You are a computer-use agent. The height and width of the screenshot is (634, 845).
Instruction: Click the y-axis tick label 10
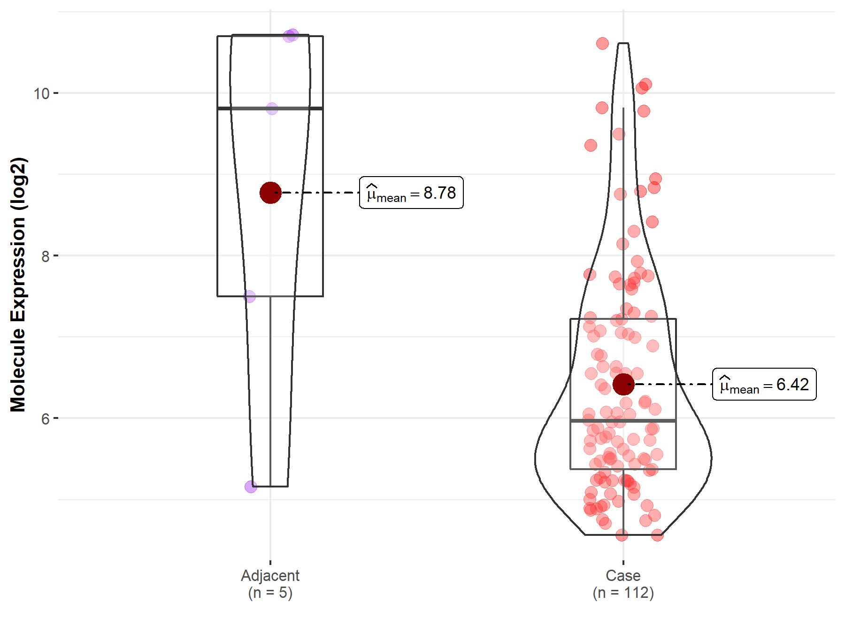point(41,93)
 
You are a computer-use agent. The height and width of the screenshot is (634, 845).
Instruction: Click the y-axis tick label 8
point(46,256)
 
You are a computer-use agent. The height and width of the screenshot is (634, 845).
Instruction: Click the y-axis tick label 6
point(46,418)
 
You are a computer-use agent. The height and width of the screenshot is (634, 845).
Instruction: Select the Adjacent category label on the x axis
point(270,575)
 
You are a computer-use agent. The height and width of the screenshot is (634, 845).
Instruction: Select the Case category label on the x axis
point(623,575)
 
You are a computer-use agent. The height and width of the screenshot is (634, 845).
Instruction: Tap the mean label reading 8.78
point(411,193)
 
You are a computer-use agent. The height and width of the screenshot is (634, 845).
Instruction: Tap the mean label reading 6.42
point(764,384)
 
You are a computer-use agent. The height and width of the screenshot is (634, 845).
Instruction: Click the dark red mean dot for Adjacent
point(270,193)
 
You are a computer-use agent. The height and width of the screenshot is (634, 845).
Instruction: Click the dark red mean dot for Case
point(623,384)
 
